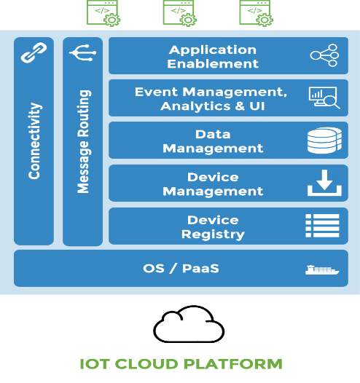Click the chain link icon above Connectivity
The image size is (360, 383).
34,52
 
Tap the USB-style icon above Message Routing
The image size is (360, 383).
82,52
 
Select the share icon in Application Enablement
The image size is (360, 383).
324,55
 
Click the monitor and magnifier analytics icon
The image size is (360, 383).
324,98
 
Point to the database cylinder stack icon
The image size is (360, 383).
324,141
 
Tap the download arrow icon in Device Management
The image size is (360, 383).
324,183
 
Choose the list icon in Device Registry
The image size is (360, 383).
322,226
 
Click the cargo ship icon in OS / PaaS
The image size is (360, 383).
322,270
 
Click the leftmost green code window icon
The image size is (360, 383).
103,13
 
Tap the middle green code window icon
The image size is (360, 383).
179,13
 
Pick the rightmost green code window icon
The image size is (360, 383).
256,13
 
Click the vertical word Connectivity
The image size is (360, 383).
34,141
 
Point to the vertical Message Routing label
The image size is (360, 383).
84,142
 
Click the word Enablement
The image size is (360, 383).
213,64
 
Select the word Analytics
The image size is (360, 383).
195,106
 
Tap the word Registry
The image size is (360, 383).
213,234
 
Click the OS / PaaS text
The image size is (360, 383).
181,269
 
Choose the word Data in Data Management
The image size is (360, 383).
213,135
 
